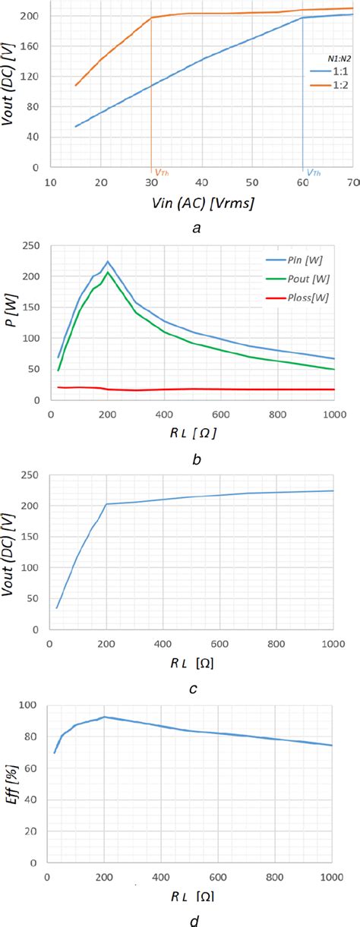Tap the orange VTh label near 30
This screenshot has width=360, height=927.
pyautogui.click(x=161, y=172)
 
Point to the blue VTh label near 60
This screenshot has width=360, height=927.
pyautogui.click(x=313, y=172)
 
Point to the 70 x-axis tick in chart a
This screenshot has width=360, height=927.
pyautogui.click(x=352, y=182)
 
